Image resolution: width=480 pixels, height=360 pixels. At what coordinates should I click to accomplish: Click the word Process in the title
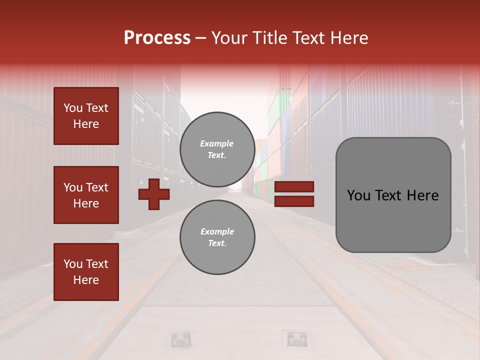157,38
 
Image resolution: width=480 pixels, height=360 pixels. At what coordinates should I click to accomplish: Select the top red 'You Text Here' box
86,116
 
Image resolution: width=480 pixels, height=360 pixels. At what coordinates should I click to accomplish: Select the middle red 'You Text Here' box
86,195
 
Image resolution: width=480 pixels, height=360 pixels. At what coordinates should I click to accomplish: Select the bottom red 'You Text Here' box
86,272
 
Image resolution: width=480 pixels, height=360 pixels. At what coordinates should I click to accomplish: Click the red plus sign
154,194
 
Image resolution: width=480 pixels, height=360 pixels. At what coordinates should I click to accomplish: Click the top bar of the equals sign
294,187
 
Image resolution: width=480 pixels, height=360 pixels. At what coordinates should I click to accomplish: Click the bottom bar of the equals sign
294,201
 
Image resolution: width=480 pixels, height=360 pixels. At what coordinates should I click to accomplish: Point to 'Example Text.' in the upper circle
217,149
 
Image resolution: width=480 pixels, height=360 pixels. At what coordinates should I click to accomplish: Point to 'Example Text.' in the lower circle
217,237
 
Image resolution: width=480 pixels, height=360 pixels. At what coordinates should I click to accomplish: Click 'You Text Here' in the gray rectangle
393,195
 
